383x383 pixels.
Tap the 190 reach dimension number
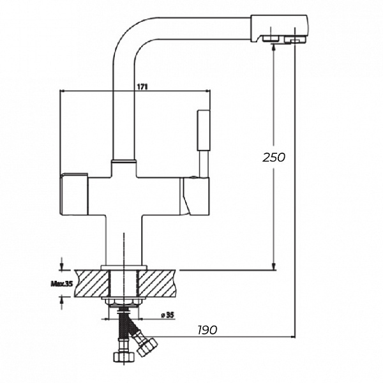pyautogui.click(x=206, y=329)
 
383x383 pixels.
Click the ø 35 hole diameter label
pyautogui.click(x=167, y=314)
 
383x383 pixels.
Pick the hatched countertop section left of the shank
pyautogui.click(x=89, y=282)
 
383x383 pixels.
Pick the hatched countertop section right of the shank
pyautogui.click(x=160, y=282)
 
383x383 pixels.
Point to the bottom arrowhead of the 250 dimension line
pyautogui.click(x=274, y=266)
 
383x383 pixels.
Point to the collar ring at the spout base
pyautogui.click(x=123, y=161)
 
